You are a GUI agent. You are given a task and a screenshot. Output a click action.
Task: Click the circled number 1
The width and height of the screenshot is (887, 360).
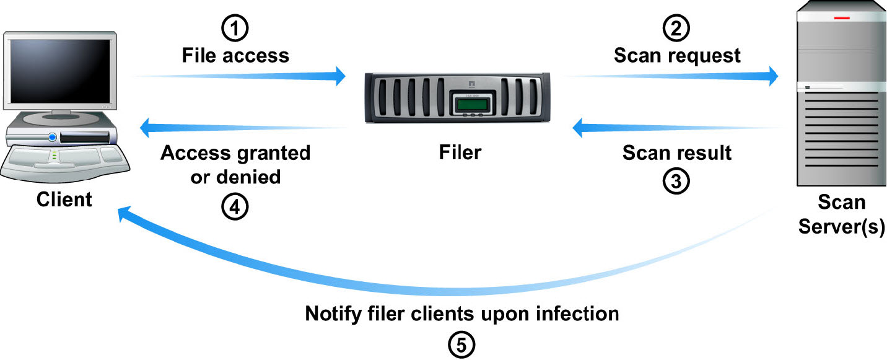point(235,29)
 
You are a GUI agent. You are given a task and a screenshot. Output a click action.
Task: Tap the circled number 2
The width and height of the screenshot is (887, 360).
point(676,29)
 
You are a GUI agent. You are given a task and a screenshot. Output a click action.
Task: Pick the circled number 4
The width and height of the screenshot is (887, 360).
point(235,206)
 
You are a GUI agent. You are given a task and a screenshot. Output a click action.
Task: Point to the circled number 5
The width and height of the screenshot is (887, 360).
point(461,345)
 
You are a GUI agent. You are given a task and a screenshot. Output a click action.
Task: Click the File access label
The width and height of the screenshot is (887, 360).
point(235,56)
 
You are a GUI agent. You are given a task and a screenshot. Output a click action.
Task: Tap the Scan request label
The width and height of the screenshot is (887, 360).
point(677,56)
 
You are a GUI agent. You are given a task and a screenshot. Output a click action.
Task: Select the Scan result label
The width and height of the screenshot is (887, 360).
point(677,152)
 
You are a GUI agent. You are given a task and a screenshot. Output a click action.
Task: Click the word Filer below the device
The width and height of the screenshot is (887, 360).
point(460,152)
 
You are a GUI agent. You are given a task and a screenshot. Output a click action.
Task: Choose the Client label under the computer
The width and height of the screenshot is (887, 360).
point(64,200)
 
